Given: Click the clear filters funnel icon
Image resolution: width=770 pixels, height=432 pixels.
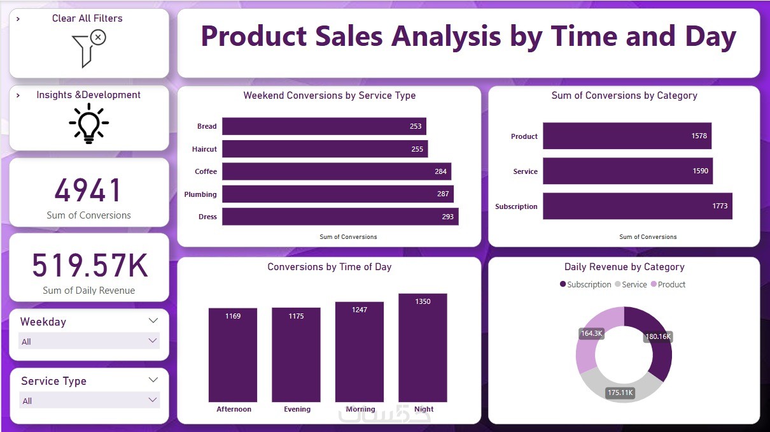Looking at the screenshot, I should [88, 48].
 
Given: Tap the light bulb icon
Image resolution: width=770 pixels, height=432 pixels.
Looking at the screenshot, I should [88, 122].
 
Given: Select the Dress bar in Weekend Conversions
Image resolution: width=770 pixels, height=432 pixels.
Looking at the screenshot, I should [340, 217].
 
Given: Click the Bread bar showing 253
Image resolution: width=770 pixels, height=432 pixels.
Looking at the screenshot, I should [324, 126].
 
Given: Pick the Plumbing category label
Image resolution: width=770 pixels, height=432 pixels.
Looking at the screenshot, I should [200, 194].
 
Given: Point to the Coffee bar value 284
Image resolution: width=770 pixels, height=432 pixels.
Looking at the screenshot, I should [440, 171].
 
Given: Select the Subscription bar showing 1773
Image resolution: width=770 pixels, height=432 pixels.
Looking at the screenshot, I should [637, 206].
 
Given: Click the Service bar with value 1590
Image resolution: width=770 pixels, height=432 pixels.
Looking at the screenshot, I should [627, 171].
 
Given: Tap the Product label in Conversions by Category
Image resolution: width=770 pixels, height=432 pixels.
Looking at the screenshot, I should [524, 136].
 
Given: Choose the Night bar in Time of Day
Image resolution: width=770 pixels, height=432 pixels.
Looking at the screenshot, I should [423, 348].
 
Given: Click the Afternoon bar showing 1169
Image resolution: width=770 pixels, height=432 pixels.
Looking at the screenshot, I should [233, 355].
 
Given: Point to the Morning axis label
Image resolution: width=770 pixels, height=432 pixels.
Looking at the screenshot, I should [360, 409].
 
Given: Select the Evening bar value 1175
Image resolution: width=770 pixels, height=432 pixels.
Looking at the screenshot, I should [296, 316].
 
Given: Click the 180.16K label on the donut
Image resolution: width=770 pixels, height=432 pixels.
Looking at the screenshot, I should [657, 336].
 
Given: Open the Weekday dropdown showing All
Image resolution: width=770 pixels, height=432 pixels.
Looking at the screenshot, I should [89, 342].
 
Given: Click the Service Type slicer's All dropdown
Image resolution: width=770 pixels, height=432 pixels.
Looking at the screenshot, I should [89, 401].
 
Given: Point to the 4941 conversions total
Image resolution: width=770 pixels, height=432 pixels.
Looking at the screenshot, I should [88, 191].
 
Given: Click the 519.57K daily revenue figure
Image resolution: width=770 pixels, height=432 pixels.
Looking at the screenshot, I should [90, 266].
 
